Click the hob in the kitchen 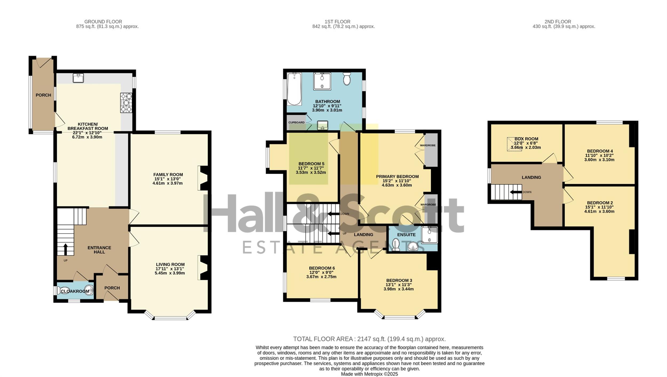[126, 103]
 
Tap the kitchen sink [78, 78]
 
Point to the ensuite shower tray [429, 235]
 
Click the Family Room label [168, 175]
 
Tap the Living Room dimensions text [170, 271]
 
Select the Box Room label [526, 139]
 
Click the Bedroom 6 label [322, 268]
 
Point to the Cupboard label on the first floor [296, 122]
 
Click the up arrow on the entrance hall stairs [65, 249]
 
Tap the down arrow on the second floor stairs [515, 192]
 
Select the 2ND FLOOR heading [558, 22]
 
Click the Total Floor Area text [370, 339]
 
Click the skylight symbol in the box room [514, 144]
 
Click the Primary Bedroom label [397, 177]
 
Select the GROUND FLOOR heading [103, 22]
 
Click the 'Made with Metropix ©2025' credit [370, 374]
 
